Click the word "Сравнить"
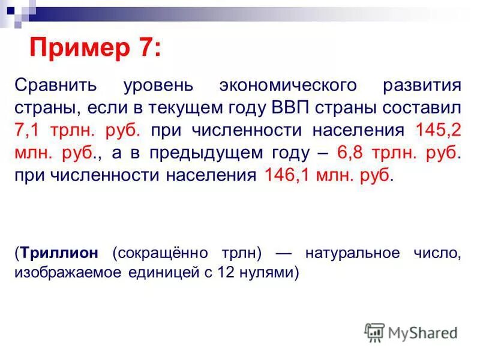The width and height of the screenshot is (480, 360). point(55,85)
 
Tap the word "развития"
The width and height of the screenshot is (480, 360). point(422,85)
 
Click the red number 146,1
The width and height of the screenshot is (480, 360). point(284,175)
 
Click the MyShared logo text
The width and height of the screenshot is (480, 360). point(423,332)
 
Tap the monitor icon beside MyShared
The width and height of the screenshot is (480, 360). point(374,332)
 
